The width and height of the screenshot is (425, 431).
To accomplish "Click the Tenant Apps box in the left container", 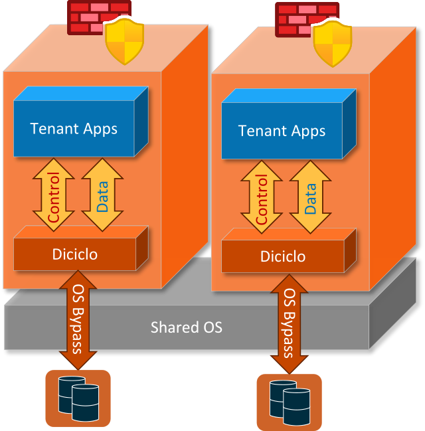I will [x=74, y=128].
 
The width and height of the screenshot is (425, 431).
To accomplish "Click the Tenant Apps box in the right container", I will [x=282, y=130].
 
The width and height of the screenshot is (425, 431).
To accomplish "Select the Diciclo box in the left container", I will [x=76, y=254].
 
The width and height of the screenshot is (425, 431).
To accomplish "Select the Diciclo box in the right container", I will [x=283, y=256].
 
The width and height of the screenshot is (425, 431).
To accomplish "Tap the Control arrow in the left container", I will [x=54, y=197].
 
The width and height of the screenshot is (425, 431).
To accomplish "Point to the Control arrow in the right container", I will [x=262, y=199].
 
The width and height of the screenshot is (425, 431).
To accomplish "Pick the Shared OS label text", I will [x=186, y=327].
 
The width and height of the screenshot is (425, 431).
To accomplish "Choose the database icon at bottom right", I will [x=289, y=401].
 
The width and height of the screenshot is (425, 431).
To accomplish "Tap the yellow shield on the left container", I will [x=125, y=41].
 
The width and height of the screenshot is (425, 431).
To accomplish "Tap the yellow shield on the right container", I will [x=332, y=44].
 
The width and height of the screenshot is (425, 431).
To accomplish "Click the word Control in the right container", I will [x=262, y=199].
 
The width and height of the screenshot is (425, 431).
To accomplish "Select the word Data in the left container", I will [x=102, y=197].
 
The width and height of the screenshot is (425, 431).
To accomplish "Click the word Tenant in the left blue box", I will [x=52, y=128].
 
